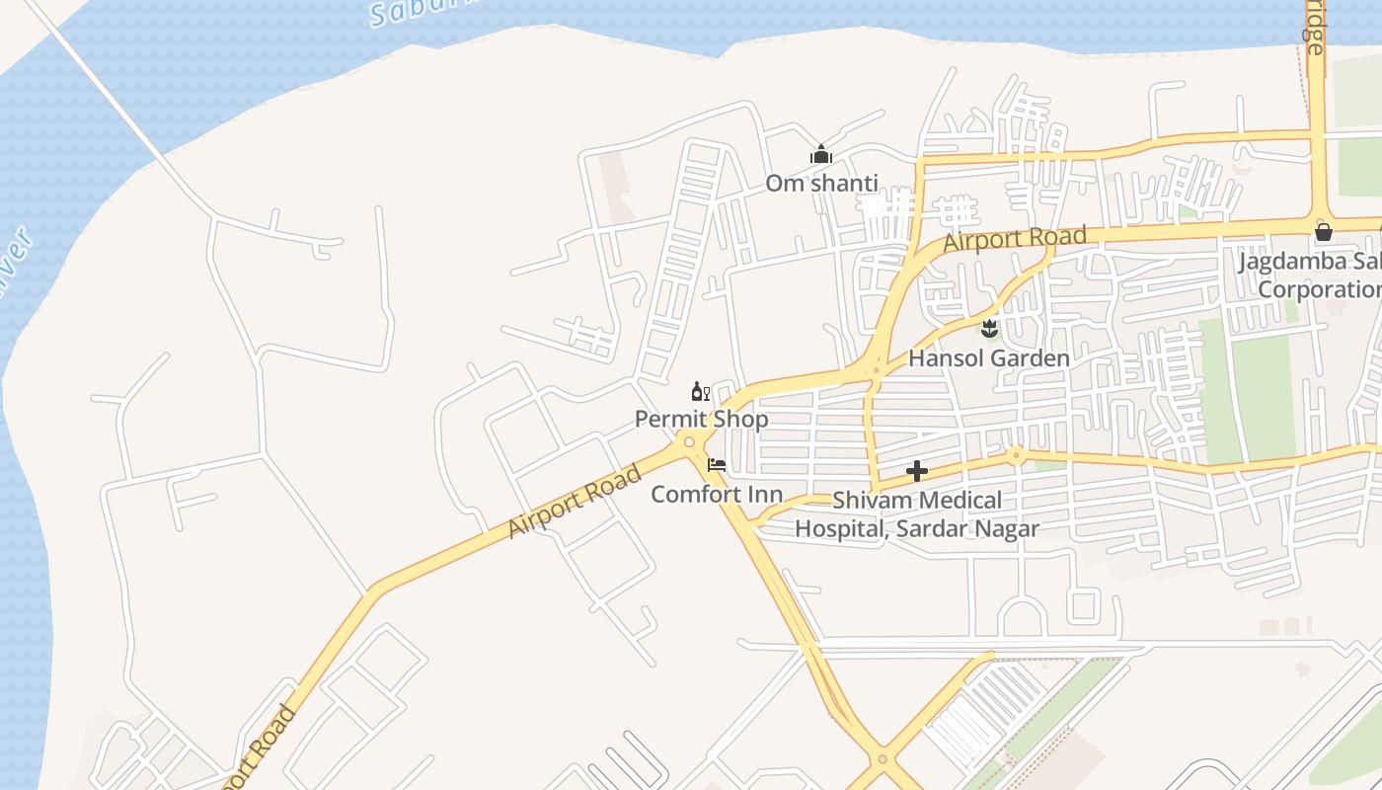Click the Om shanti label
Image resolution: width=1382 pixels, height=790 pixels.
[x=821, y=184]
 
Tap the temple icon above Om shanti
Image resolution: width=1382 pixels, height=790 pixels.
[x=821, y=155]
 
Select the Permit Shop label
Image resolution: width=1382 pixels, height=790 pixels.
[x=701, y=419]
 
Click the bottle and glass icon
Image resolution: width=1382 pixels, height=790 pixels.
[x=700, y=392]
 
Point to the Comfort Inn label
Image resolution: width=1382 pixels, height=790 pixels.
[x=717, y=494]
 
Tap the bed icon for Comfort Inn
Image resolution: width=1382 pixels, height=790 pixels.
[x=717, y=464]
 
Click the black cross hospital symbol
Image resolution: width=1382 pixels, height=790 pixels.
[x=917, y=472]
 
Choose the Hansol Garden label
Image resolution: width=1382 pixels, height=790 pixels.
[x=988, y=357]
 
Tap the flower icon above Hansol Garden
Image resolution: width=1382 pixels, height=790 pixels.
[x=989, y=329]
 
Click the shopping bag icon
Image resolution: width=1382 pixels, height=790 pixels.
[x=1323, y=233]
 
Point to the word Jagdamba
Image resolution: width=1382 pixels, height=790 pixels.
[x=1294, y=262]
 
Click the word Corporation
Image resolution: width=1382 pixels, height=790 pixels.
[x=1319, y=289]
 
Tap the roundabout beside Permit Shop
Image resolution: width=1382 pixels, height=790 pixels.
[x=688, y=441]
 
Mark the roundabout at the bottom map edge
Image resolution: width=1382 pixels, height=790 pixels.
[x=883, y=760]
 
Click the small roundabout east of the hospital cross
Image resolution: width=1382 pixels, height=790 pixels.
[x=1015, y=455]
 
